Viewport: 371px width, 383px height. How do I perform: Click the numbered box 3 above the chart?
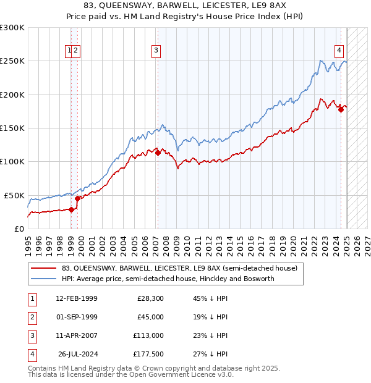(x=156, y=51)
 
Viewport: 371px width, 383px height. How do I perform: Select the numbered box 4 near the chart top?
(x=340, y=51)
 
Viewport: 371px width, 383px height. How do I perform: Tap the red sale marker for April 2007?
(x=158, y=153)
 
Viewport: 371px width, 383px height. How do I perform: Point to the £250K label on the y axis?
(x=12, y=61)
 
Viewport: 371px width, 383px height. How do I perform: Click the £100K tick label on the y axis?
(x=12, y=161)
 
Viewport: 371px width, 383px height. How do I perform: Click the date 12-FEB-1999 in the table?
(x=77, y=298)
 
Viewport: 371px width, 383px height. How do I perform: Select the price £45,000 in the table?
(x=150, y=317)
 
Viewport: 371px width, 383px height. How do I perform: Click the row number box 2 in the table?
(x=32, y=317)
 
